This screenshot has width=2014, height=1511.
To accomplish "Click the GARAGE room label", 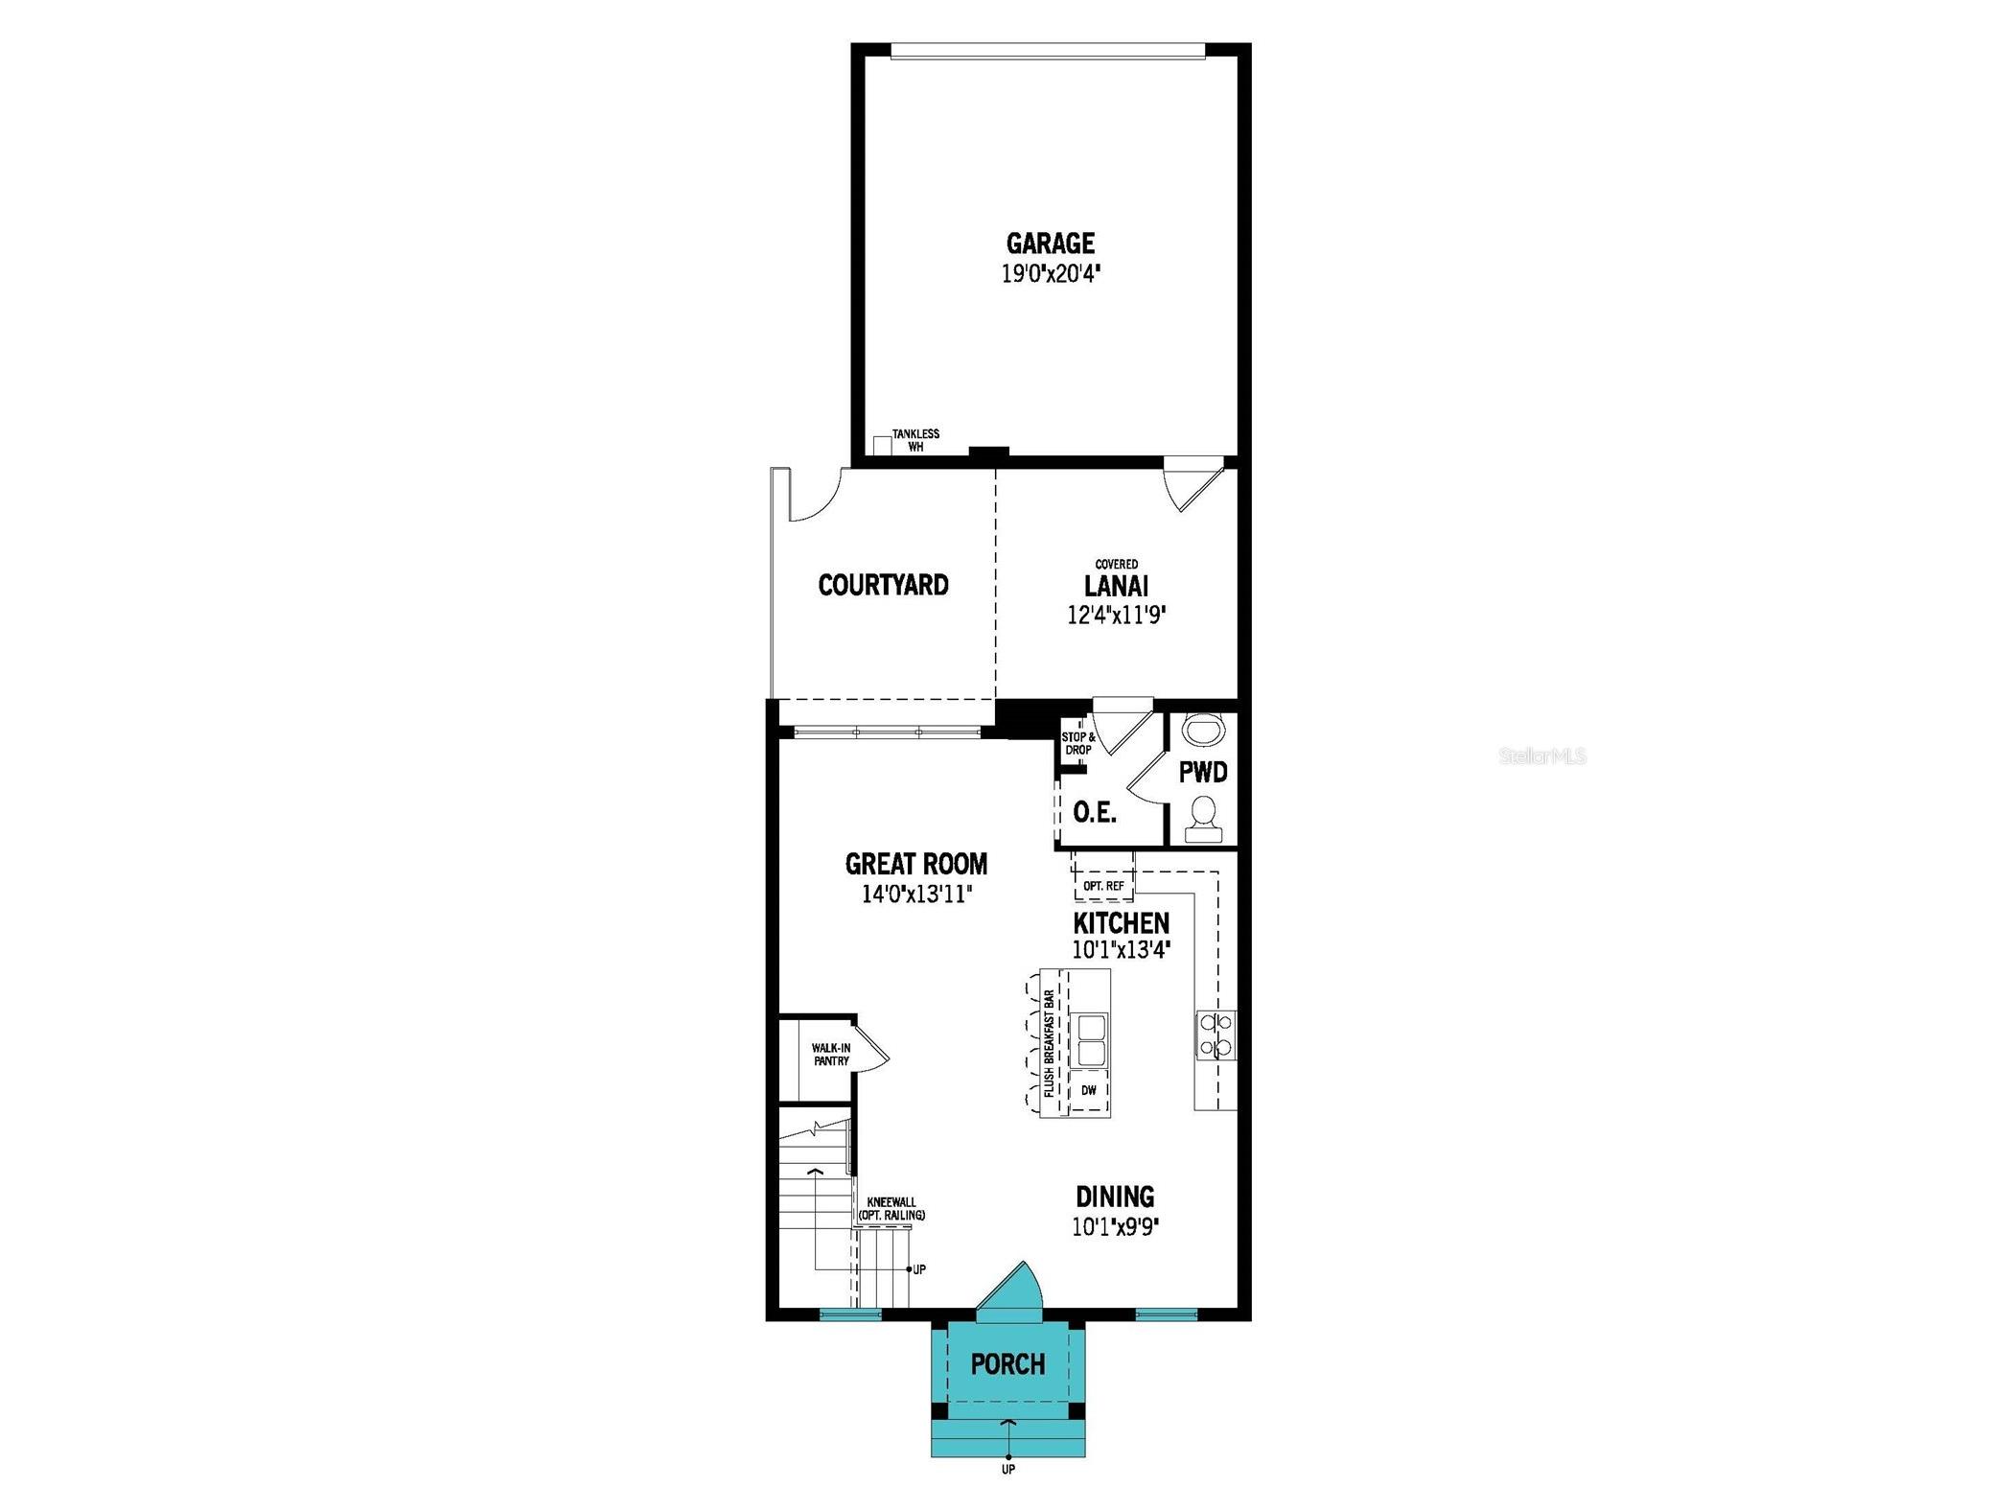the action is point(1050,243).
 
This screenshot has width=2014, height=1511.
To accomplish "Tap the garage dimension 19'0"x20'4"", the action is point(1050,274).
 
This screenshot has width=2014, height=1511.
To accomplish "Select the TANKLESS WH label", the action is point(915,440).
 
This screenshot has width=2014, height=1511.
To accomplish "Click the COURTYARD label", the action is point(883,585).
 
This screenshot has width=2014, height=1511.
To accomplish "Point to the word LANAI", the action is point(1116,585).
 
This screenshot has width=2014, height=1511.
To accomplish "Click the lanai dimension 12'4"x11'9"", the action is point(1116,615).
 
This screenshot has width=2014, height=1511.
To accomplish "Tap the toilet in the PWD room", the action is point(1203,820).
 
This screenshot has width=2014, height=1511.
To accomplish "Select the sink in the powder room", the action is point(1204,730).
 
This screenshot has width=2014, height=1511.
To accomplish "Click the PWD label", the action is point(1203,773).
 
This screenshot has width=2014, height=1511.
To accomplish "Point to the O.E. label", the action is point(1094,813).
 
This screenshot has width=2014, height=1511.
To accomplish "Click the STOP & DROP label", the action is point(1077,743).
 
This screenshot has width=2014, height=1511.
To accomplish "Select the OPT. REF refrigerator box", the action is point(1103,886).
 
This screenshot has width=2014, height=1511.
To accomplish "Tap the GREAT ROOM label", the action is point(915,864).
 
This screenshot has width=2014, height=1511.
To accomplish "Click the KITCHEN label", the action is point(1121,923).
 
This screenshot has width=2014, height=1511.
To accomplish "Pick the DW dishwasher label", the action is point(1088,1090).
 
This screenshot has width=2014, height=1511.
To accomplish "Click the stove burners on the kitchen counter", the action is point(1215,1034).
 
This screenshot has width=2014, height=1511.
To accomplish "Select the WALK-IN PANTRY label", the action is point(831,1055).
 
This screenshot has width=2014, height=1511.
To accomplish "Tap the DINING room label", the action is point(1115,1197).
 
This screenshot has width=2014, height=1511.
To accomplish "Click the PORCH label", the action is point(1007,1363).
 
